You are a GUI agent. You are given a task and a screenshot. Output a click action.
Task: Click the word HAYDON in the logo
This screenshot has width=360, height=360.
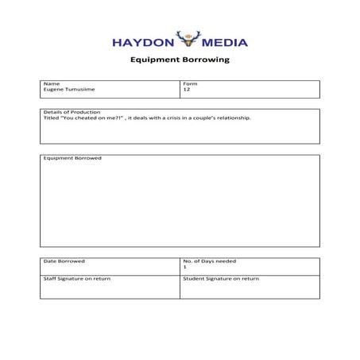pos(138,42)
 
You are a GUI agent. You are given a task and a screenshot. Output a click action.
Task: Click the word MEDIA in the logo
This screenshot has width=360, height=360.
pos(226,42)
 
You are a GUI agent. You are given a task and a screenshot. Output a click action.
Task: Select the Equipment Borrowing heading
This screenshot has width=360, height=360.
pos(179,60)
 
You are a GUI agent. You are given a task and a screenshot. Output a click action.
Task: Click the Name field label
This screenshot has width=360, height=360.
pos(51,83)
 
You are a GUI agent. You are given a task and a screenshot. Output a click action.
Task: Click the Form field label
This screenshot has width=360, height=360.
pos(190,83)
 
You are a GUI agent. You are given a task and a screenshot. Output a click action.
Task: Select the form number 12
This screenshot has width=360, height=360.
pos(186,90)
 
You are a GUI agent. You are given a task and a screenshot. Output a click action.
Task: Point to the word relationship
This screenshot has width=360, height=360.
pos(232,118)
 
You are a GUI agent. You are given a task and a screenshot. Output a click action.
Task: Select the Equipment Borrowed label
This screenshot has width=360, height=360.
pos(72,157)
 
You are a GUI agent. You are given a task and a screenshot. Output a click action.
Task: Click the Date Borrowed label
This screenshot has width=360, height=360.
pos(64,261)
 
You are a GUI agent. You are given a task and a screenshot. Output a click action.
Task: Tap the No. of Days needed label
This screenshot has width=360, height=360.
pos(209,261)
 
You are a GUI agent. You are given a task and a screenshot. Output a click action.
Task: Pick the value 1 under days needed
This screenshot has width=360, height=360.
pos(184,268)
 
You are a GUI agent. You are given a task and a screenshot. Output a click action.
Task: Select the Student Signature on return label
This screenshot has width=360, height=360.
pos(221,279)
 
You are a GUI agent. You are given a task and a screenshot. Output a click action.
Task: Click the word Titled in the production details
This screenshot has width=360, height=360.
pos(50,118)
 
